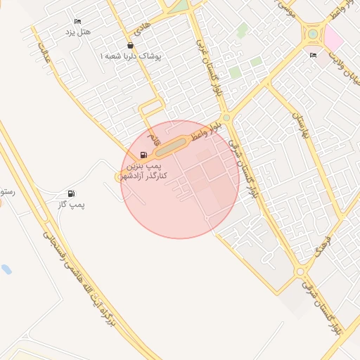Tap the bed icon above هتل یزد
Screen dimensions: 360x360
click(x=77, y=22)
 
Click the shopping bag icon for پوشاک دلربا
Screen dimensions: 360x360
click(x=131, y=45)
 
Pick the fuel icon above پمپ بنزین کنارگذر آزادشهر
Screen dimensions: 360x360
click(x=143, y=155)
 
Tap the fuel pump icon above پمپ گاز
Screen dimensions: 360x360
click(x=71, y=193)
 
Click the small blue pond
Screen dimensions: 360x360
click(x=6, y=269)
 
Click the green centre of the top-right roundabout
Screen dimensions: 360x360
click(x=312, y=33)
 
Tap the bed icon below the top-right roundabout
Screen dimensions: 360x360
click(x=313, y=55)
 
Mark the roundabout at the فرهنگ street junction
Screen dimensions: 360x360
click(x=301, y=271)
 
